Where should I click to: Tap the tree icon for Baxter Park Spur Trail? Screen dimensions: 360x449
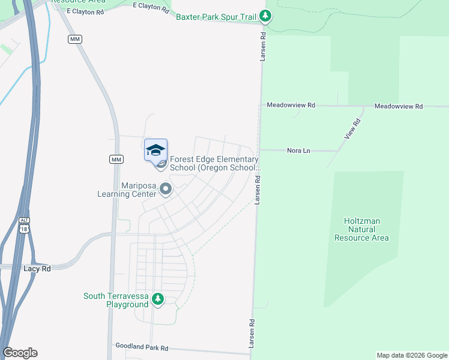coord(266,17)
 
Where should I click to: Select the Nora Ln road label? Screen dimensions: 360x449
coord(298,150)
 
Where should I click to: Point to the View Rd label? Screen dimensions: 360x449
coord(352,130)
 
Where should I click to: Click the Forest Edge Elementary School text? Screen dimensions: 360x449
coord(214,163)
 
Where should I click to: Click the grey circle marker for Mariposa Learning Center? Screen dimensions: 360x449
coord(166,190)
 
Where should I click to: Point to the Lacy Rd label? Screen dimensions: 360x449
coord(37,269)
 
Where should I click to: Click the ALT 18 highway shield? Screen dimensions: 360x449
coord(23,224)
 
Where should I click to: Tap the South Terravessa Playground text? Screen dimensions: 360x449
coord(116,300)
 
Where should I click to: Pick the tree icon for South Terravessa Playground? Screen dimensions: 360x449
coord(158,299)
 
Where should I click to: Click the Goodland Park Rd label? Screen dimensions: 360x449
coord(140,348)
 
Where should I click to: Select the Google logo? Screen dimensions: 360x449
coord(20,353)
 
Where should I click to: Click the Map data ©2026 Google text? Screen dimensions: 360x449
coord(412,355)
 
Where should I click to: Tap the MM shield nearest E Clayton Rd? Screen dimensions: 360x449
coord(75,39)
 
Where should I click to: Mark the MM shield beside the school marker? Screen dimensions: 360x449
coord(116,159)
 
